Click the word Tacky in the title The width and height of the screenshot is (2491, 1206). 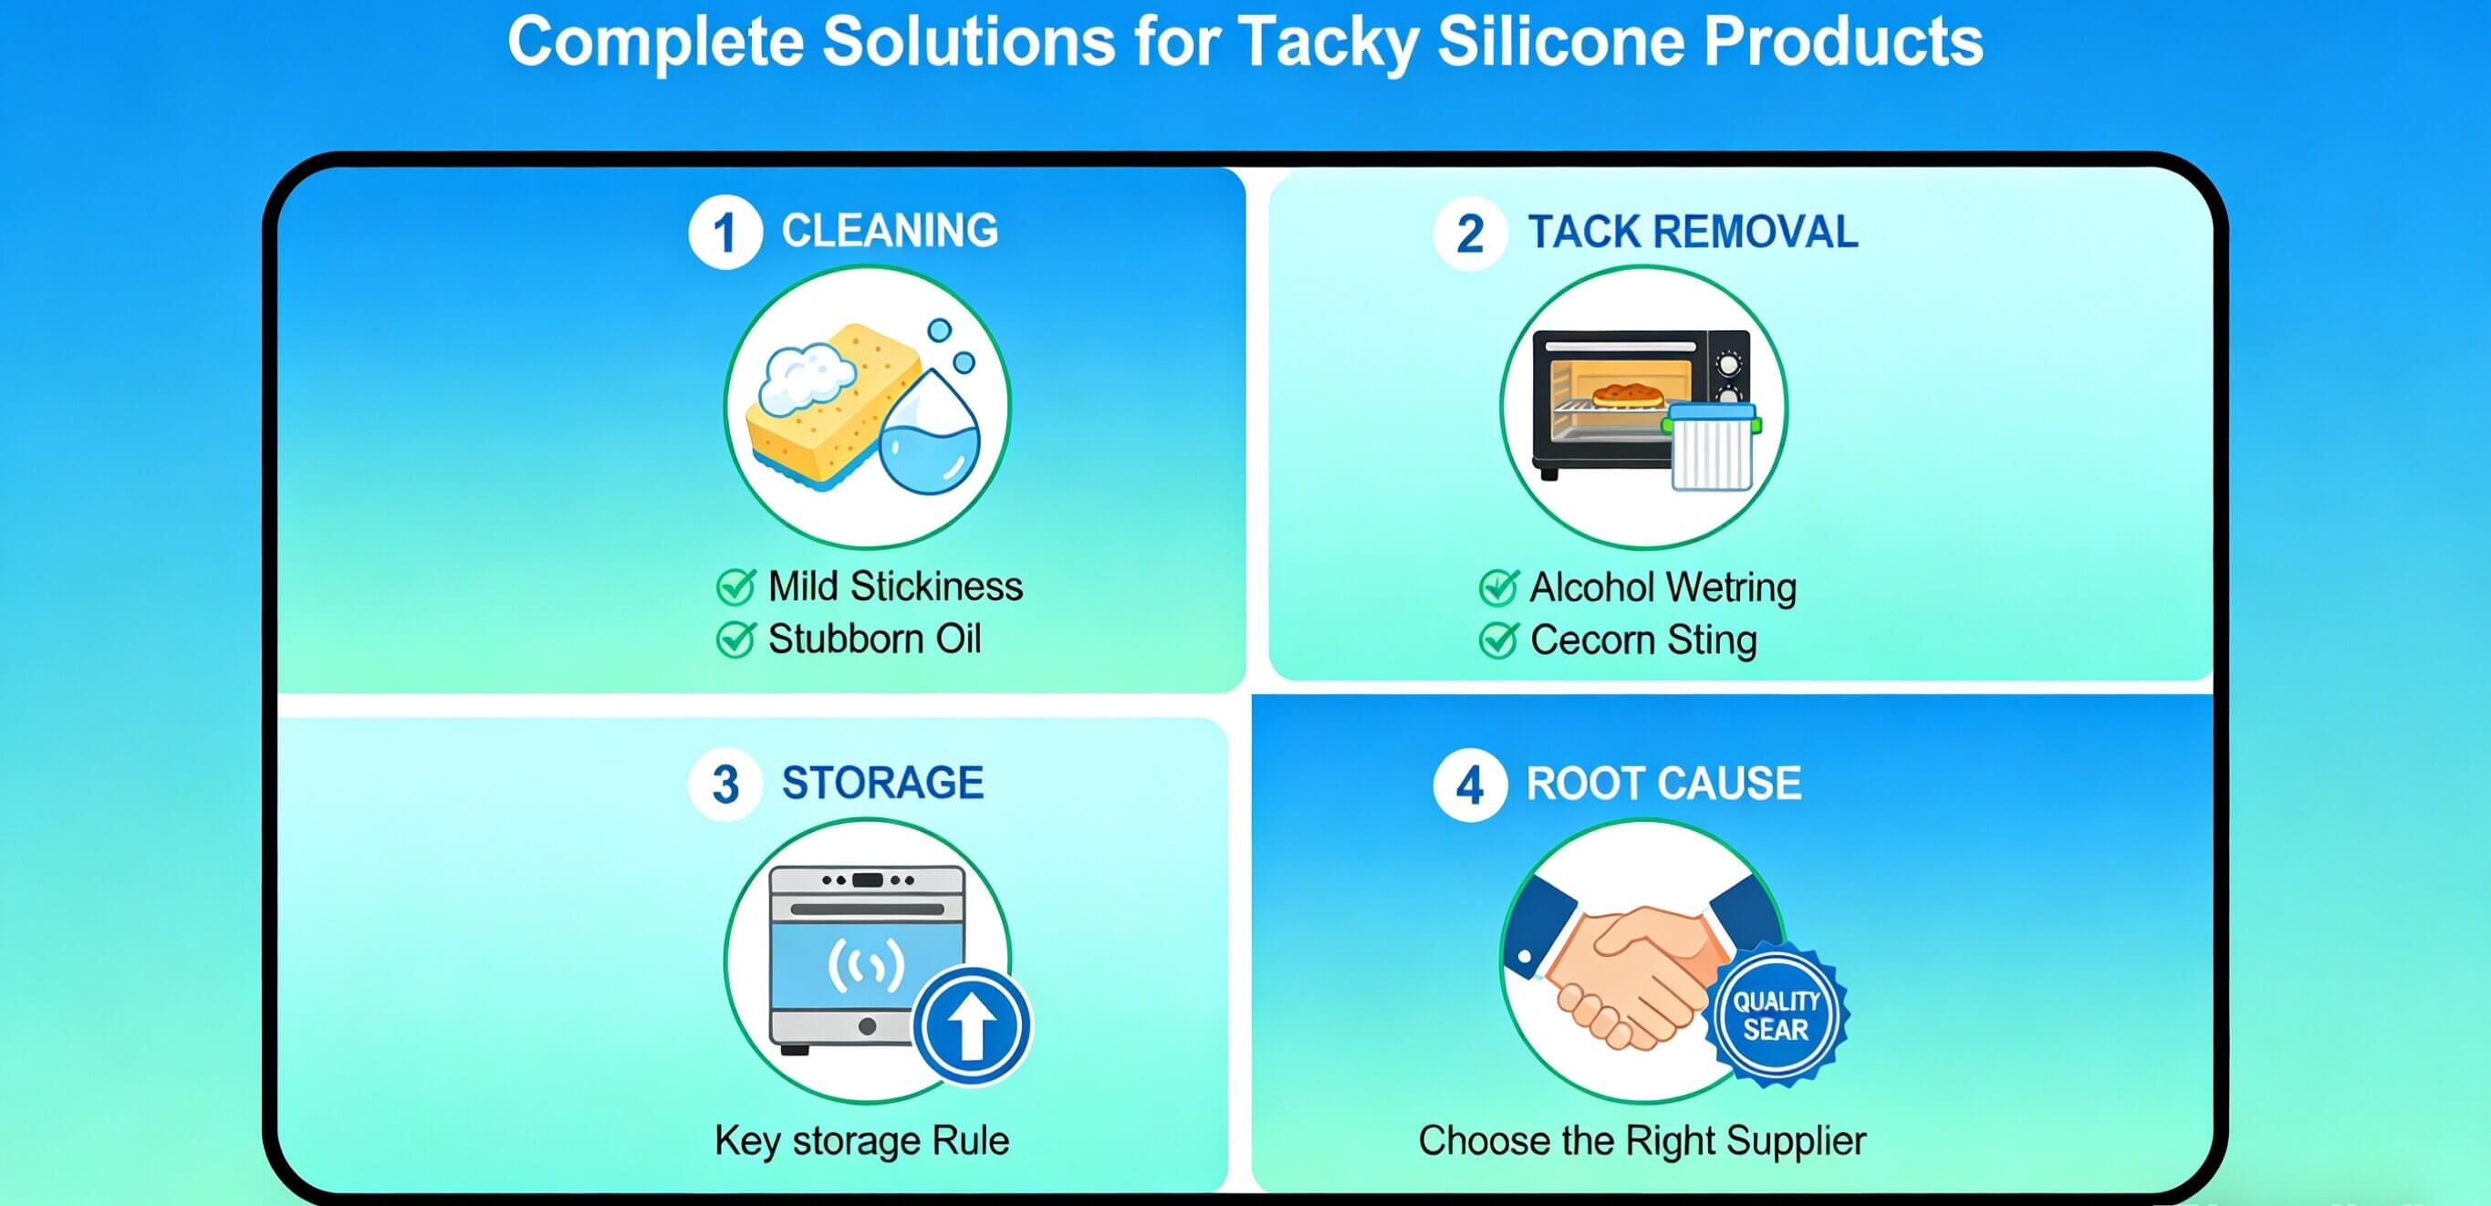[x=1327, y=43]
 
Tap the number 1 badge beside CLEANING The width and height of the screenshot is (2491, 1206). [x=724, y=232]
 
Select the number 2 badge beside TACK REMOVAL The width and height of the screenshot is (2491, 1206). [x=1470, y=233]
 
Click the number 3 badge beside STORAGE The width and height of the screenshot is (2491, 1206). [x=725, y=784]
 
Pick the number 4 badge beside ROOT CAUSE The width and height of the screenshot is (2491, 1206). [x=1470, y=785]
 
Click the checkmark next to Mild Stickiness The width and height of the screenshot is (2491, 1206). [x=735, y=586]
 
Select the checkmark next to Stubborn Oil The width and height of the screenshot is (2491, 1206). [x=735, y=639]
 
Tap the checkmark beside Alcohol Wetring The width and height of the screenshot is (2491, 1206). [x=1498, y=587]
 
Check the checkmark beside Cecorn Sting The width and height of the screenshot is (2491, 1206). [x=1498, y=640]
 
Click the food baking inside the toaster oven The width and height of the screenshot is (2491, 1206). [x=1629, y=396]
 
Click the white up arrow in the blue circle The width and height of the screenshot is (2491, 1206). [x=972, y=1026]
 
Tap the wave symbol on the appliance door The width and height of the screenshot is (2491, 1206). [x=867, y=965]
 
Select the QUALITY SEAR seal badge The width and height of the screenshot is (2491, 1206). [x=1776, y=1015]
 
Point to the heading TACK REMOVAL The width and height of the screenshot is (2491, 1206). [x=1693, y=233]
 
